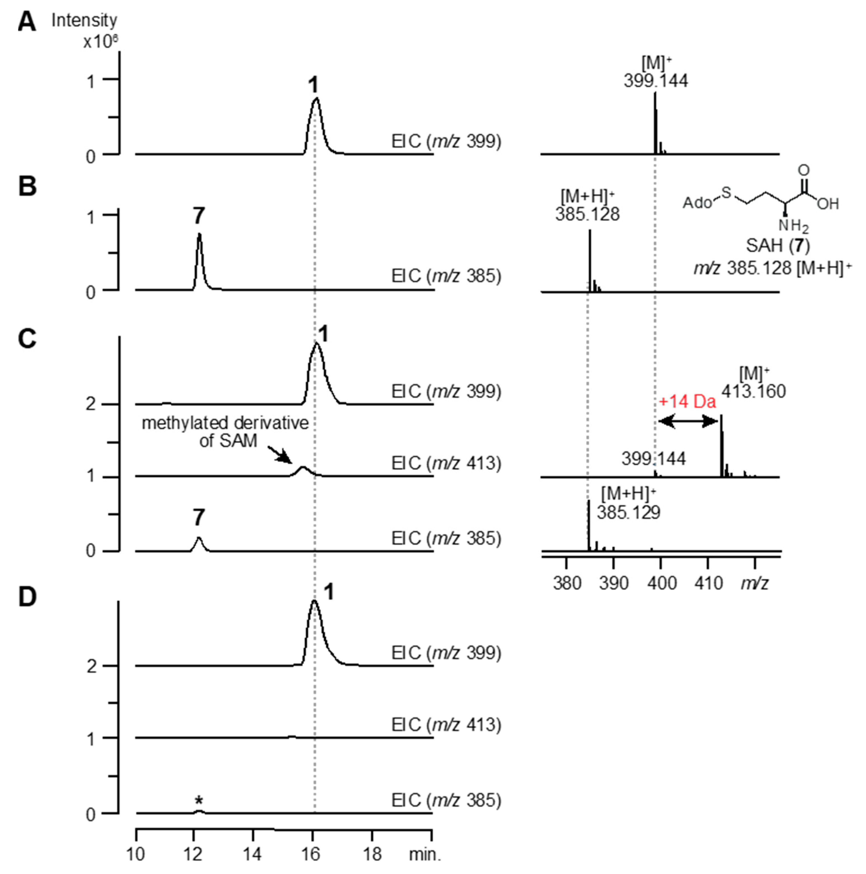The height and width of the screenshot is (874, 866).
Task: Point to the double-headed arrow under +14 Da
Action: (688, 422)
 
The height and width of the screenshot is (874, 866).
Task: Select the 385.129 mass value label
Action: (628, 512)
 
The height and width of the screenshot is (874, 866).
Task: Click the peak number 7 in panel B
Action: (199, 216)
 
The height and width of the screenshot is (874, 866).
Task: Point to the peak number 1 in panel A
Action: (313, 85)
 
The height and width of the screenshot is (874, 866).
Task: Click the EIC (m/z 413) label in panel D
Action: (446, 725)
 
